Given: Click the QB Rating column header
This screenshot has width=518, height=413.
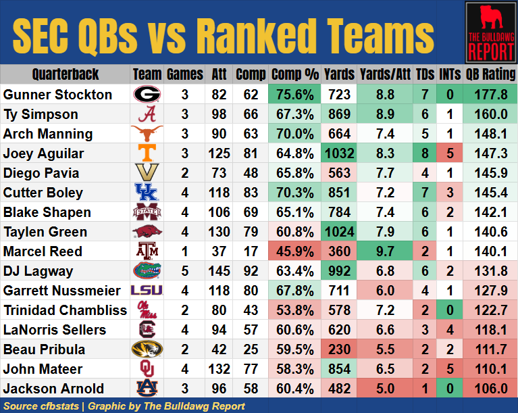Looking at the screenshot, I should point(490,74).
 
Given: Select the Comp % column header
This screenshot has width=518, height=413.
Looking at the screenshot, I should point(294,74).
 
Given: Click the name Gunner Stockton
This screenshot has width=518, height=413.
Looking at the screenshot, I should point(57,95).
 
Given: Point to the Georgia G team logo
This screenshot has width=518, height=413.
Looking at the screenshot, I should point(146,94).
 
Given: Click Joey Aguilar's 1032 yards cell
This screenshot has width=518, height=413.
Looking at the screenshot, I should point(339,153).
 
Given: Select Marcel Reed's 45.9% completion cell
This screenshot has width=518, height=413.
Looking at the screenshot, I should point(294,251).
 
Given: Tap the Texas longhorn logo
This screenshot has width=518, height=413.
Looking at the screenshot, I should point(146,133).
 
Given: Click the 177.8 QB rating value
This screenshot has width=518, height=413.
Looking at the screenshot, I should point(490,95).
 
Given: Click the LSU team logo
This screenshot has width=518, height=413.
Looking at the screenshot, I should point(146,291).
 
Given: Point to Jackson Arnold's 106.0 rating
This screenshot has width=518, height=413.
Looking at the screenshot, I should point(490,389).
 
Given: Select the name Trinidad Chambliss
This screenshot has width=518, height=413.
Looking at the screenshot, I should point(65,310).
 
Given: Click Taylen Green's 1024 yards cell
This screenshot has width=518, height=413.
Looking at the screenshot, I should point(339,232).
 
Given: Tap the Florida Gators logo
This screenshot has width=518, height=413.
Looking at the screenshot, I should point(146,271).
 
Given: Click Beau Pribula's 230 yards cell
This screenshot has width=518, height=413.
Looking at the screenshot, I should point(339,349).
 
